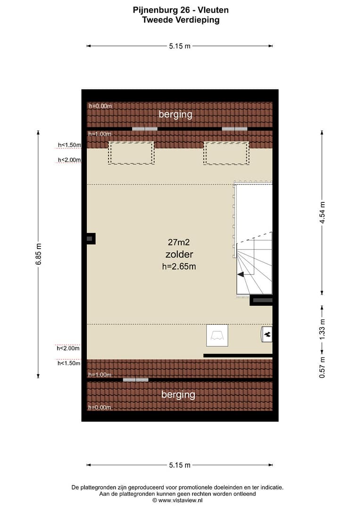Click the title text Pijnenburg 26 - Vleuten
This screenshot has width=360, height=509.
(181, 10)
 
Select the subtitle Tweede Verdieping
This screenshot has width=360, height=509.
(181, 20)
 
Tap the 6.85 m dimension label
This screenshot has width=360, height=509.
(39, 254)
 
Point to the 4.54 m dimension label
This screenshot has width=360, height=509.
(322, 213)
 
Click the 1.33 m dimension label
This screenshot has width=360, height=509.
(322, 329)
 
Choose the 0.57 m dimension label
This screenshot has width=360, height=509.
(322, 367)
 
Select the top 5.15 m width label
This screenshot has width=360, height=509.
(180, 46)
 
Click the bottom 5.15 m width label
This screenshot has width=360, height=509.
(180, 465)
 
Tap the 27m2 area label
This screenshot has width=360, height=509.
(178, 242)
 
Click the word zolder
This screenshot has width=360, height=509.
(179, 254)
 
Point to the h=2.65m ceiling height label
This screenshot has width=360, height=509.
(179, 267)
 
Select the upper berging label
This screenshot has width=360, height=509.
(176, 115)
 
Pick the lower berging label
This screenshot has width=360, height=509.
(178, 395)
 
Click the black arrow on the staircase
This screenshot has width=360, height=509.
(241, 275)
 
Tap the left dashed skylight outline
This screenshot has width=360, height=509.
(131, 153)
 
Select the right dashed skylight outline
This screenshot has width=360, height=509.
(226, 153)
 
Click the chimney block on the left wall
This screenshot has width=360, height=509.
(91, 239)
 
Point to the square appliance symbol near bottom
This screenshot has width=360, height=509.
(217, 335)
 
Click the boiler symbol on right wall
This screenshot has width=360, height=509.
(267, 334)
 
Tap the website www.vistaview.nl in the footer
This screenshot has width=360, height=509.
(180, 500)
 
